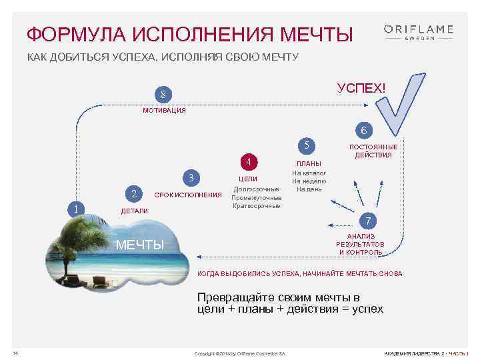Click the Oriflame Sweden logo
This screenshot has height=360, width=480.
(x=418, y=32)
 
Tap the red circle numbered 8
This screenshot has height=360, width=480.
(x=162, y=93)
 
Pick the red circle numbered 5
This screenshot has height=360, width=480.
(x=306, y=145)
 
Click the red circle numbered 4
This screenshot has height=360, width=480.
(x=248, y=161)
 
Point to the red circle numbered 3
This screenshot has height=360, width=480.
(x=191, y=178)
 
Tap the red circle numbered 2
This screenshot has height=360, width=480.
(x=135, y=194)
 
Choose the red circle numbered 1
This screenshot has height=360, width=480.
(x=78, y=209)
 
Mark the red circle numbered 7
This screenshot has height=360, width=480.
(x=366, y=221)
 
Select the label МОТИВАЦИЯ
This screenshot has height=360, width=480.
(x=164, y=111)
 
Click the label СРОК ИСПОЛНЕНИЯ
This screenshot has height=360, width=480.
(x=187, y=195)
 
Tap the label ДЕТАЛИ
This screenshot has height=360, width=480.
(x=133, y=211)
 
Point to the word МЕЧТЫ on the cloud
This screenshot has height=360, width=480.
(x=140, y=245)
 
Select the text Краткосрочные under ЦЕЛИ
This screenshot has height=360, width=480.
(x=257, y=206)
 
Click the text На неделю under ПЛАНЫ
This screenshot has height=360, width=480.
(x=309, y=181)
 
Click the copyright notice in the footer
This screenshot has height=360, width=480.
(x=239, y=353)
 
